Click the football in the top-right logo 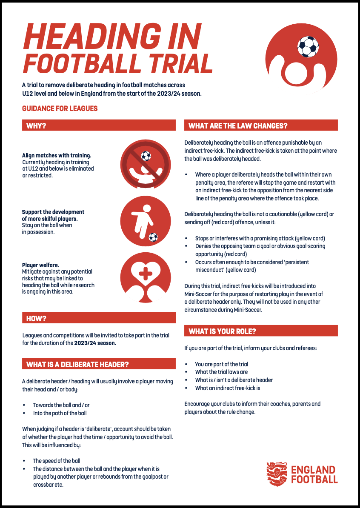(308, 46)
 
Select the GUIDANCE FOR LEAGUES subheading (60, 108)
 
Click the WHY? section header (36, 126)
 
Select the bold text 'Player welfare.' (41, 265)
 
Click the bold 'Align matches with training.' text (57, 156)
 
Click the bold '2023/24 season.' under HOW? (96, 343)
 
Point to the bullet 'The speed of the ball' (57, 461)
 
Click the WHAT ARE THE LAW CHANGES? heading (238, 126)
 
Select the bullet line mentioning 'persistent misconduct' (252, 262)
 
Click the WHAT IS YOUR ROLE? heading (222, 331)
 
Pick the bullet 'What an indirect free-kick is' (228, 388)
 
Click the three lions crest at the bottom (277, 474)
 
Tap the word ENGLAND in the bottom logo (313, 470)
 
